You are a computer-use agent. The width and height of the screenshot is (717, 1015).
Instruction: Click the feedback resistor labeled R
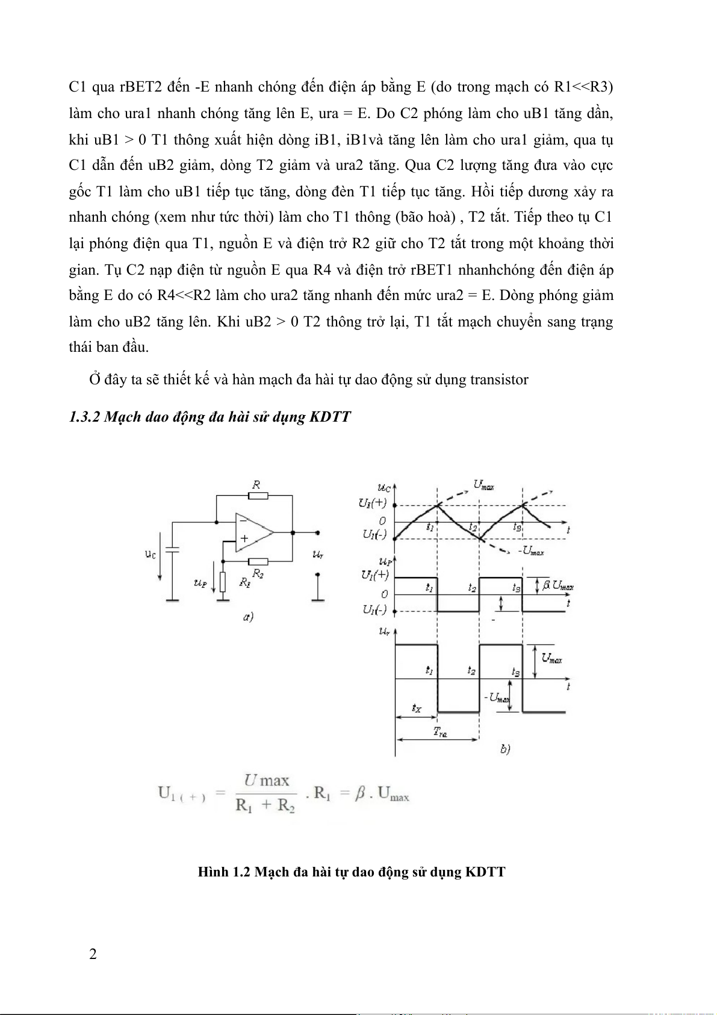[x=258, y=496]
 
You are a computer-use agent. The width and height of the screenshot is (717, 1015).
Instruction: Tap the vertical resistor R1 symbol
[x=223, y=582]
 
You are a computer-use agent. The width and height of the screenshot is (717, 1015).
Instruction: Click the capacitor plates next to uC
[x=172, y=549]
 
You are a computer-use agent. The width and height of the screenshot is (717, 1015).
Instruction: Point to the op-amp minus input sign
[x=242, y=519]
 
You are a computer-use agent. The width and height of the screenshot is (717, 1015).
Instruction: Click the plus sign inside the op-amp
[x=244, y=538]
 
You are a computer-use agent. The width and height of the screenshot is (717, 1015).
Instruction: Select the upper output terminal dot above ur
[x=317, y=532]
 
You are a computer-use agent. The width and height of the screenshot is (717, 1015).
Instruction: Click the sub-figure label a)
[x=247, y=617]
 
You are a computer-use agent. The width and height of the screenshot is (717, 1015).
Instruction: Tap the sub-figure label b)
[x=504, y=749]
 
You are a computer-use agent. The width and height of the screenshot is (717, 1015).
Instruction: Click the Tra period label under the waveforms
[x=440, y=732]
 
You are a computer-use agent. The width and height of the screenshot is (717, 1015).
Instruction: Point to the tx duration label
[x=417, y=708]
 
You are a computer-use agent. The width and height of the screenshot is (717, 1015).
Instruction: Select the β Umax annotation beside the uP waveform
[x=557, y=585]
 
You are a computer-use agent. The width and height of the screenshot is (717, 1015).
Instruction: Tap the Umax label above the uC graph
[x=483, y=484]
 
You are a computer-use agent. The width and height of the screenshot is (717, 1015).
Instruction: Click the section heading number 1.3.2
[x=84, y=417]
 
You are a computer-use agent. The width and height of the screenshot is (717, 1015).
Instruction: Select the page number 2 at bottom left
[x=93, y=954]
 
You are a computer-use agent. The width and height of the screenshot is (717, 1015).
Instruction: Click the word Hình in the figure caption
[x=213, y=872]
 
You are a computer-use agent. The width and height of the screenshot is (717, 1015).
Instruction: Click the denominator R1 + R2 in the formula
[x=265, y=805]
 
